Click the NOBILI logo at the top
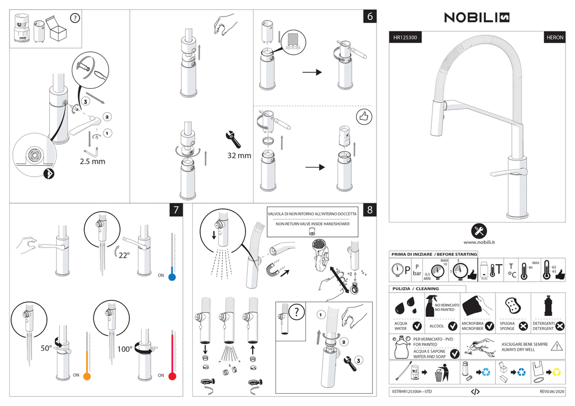(x=477, y=18)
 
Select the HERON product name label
(x=555, y=38)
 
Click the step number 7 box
(x=176, y=210)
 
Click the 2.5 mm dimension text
(x=92, y=162)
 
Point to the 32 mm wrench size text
(x=239, y=156)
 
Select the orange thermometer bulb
(x=87, y=376)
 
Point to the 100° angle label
(x=124, y=349)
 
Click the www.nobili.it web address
(x=479, y=242)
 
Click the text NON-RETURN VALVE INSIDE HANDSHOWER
(x=312, y=224)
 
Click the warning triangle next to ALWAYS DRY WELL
(x=556, y=346)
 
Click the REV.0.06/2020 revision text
(x=552, y=392)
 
